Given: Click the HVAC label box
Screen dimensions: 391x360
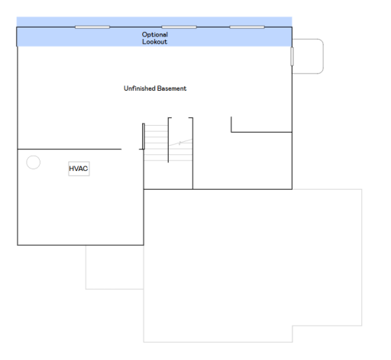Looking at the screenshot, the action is click(x=79, y=169).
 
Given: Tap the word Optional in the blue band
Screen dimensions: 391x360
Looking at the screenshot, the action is click(x=155, y=34).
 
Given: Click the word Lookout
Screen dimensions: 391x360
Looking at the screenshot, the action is click(x=155, y=42).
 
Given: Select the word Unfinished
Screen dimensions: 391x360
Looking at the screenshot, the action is click(x=140, y=88).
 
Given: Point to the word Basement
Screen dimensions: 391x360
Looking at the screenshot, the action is click(x=172, y=88).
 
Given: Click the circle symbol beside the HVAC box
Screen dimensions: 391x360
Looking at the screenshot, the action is click(x=34, y=162).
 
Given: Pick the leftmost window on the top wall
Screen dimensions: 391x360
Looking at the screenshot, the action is click(x=92, y=27).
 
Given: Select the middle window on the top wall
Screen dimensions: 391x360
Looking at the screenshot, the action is click(x=179, y=27).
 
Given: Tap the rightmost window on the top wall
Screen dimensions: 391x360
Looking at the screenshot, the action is click(x=247, y=27).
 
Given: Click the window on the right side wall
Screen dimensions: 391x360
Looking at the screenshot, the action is click(x=292, y=56).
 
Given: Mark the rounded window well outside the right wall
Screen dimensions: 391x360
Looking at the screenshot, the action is click(x=323, y=56).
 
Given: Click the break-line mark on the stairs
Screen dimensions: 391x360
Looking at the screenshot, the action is click(x=180, y=143).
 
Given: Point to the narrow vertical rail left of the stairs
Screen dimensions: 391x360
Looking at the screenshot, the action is click(x=144, y=137).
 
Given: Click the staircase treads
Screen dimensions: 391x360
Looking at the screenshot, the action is click(x=168, y=143).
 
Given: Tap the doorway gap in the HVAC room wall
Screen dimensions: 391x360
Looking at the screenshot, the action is click(x=130, y=149).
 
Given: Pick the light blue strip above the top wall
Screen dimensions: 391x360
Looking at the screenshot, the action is click(x=154, y=21).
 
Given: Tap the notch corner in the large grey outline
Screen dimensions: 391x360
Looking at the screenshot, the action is click(x=292, y=326).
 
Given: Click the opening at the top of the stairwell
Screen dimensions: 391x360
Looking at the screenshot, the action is click(x=180, y=118).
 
